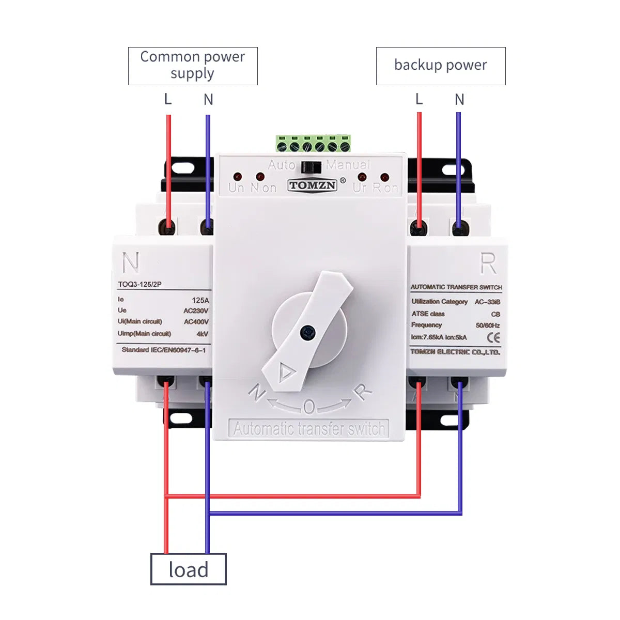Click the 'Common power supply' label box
tap(193, 66)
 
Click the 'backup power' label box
tap(440, 66)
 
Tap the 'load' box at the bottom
tap(188, 569)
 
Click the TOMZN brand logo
tap(313, 185)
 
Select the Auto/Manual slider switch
tap(311, 167)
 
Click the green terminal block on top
tap(313, 144)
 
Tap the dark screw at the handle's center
tap(308, 332)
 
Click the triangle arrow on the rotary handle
tap(286, 371)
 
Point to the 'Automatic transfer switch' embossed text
tap(309, 429)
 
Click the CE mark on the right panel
tap(493, 338)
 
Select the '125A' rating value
tap(200, 300)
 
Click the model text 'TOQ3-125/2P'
tap(139, 284)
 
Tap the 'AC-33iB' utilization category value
tap(487, 302)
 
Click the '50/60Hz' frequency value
tap(487, 326)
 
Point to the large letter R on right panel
tap(488, 263)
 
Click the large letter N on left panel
tap(131, 262)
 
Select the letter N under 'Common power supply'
tap(208, 99)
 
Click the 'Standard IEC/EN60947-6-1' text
tap(163, 350)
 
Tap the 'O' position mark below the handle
tap(308, 408)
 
